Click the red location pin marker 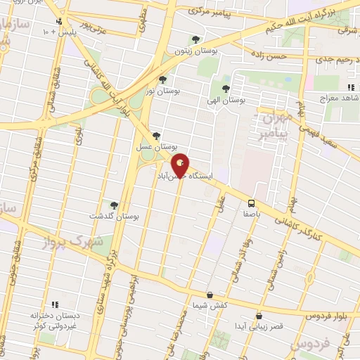point(180,165)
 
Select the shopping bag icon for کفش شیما point(209,295)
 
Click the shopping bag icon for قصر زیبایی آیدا point(260,316)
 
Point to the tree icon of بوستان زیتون point(195,39)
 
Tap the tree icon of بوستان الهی point(225,89)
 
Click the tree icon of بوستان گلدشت point(115,205)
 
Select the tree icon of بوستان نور point(162,79)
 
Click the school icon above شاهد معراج point(349,87)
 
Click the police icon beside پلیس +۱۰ point(65,22)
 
